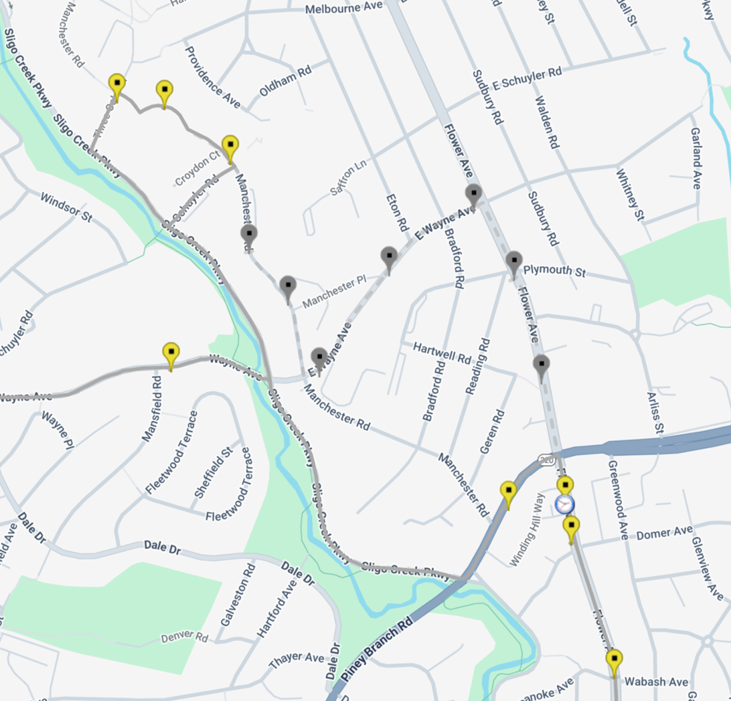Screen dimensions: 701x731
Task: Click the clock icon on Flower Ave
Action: coord(565,504)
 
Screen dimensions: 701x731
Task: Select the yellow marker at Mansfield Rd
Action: coord(171,354)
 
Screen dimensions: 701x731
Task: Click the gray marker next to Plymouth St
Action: coord(513,262)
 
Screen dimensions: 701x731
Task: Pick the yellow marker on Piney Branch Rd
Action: coord(509,492)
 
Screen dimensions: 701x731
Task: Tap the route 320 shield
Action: coord(546,460)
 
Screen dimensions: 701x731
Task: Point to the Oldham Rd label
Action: coord(285,81)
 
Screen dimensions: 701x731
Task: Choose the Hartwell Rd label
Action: coord(442,353)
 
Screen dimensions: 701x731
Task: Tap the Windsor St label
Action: coord(66,207)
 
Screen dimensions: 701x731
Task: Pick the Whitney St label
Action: coord(630,195)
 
